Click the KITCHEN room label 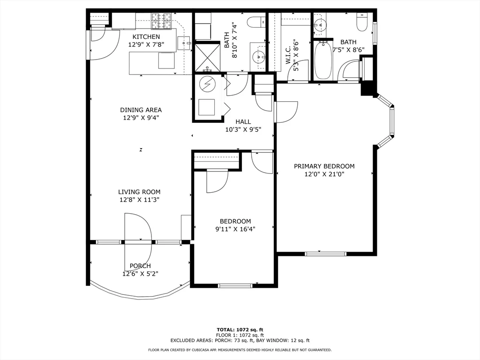146,37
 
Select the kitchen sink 184,44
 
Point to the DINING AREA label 141,110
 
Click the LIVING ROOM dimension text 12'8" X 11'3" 139,200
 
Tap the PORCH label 140,266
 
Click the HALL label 243,121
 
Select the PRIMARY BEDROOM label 324,166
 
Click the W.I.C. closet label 288,55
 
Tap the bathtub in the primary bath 323,60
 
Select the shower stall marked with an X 207,58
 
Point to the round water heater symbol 207,83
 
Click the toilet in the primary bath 362,22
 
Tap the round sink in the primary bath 320,24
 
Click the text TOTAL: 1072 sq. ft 240,330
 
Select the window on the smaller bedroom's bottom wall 235,286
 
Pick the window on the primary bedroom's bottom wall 326,254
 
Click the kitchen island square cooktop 166,60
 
